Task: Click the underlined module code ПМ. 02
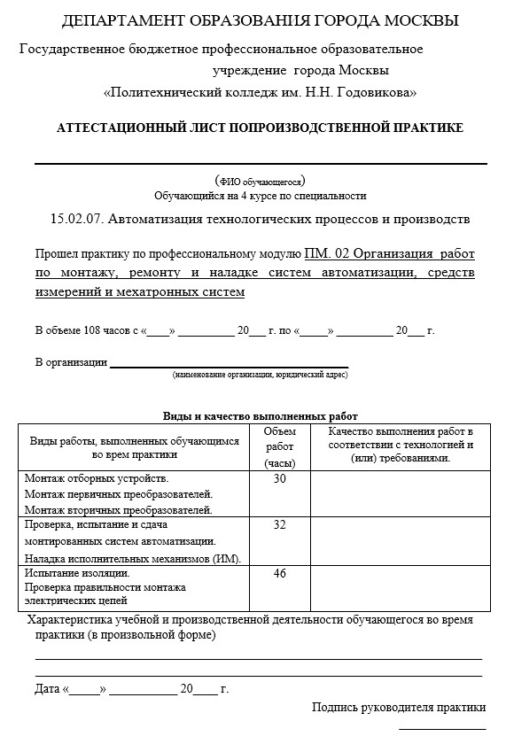click(328, 252)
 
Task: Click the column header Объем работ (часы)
click(280, 446)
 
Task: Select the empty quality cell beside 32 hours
click(392, 540)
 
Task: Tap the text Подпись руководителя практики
click(399, 707)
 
